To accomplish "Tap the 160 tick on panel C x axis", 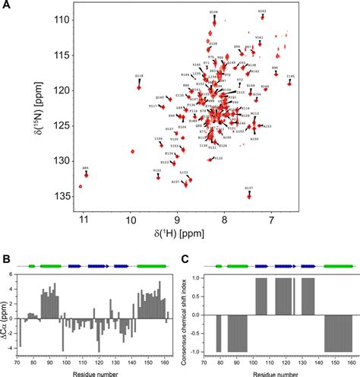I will tap(346, 363).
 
